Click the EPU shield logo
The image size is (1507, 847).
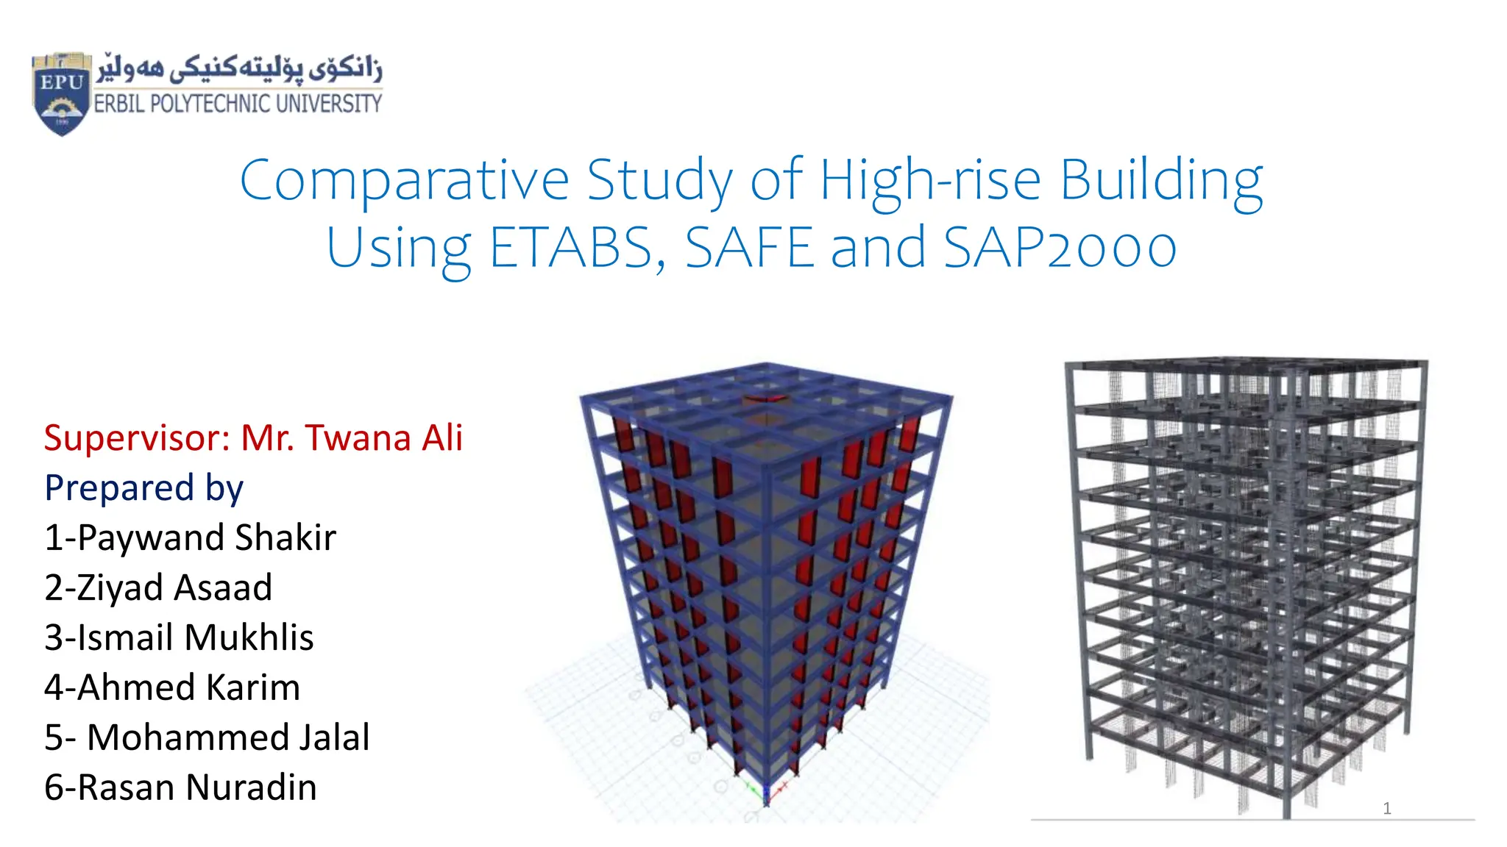tap(62, 93)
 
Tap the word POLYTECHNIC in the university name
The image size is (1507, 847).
tap(201, 104)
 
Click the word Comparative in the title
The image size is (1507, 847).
tap(404, 180)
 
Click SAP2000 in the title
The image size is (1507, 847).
tap(1060, 248)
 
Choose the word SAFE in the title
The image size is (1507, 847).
tap(749, 248)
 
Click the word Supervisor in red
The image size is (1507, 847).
tap(137, 438)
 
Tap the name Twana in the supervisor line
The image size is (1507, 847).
tap(358, 438)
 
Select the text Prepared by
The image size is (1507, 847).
tap(143, 488)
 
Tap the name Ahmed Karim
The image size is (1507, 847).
tap(188, 687)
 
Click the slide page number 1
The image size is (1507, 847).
tap(1387, 809)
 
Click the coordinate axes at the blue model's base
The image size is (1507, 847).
tap(765, 793)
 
